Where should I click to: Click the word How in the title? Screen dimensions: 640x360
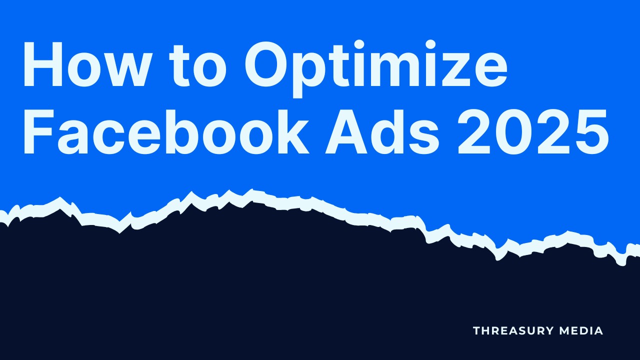coord(86,64)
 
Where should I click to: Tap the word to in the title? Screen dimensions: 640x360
coord(197,66)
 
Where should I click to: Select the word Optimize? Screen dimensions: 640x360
coord(376,69)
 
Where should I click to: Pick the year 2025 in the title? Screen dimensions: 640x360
coord(533,131)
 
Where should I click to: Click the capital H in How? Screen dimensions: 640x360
coord(43,64)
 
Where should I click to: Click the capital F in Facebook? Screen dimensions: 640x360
coord(38,131)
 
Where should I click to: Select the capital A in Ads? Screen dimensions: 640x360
coord(346,131)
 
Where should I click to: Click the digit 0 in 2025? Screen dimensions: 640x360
coord(513,131)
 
